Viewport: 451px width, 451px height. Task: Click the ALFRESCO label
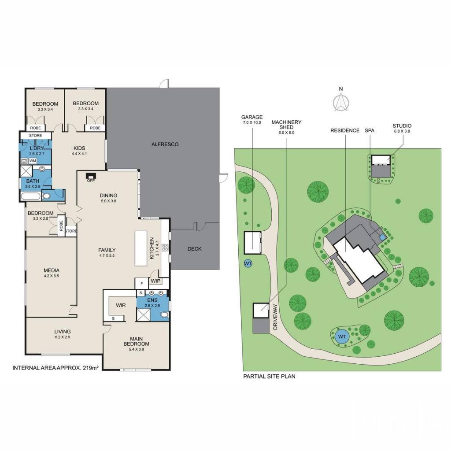click(165, 144)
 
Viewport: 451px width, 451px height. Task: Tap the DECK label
click(194, 249)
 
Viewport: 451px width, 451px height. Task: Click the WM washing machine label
click(33, 161)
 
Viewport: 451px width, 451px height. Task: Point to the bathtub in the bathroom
click(30, 196)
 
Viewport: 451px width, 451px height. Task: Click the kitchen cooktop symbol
click(165, 248)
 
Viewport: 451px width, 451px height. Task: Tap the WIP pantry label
click(155, 281)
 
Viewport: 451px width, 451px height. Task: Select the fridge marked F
click(142, 284)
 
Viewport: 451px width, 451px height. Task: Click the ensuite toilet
click(165, 315)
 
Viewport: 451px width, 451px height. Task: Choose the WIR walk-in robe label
click(121, 305)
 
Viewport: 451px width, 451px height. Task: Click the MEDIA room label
click(52, 270)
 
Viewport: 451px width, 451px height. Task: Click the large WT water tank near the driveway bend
click(342, 336)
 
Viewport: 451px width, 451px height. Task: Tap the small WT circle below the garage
click(248, 263)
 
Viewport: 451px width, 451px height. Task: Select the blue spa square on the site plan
click(382, 237)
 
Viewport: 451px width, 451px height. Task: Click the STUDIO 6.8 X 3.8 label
click(402, 128)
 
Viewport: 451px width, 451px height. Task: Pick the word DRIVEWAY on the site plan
click(275, 317)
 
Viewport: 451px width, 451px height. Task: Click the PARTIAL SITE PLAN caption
click(269, 376)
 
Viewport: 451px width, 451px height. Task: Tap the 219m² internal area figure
click(91, 368)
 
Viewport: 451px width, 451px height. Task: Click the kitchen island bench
click(141, 248)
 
